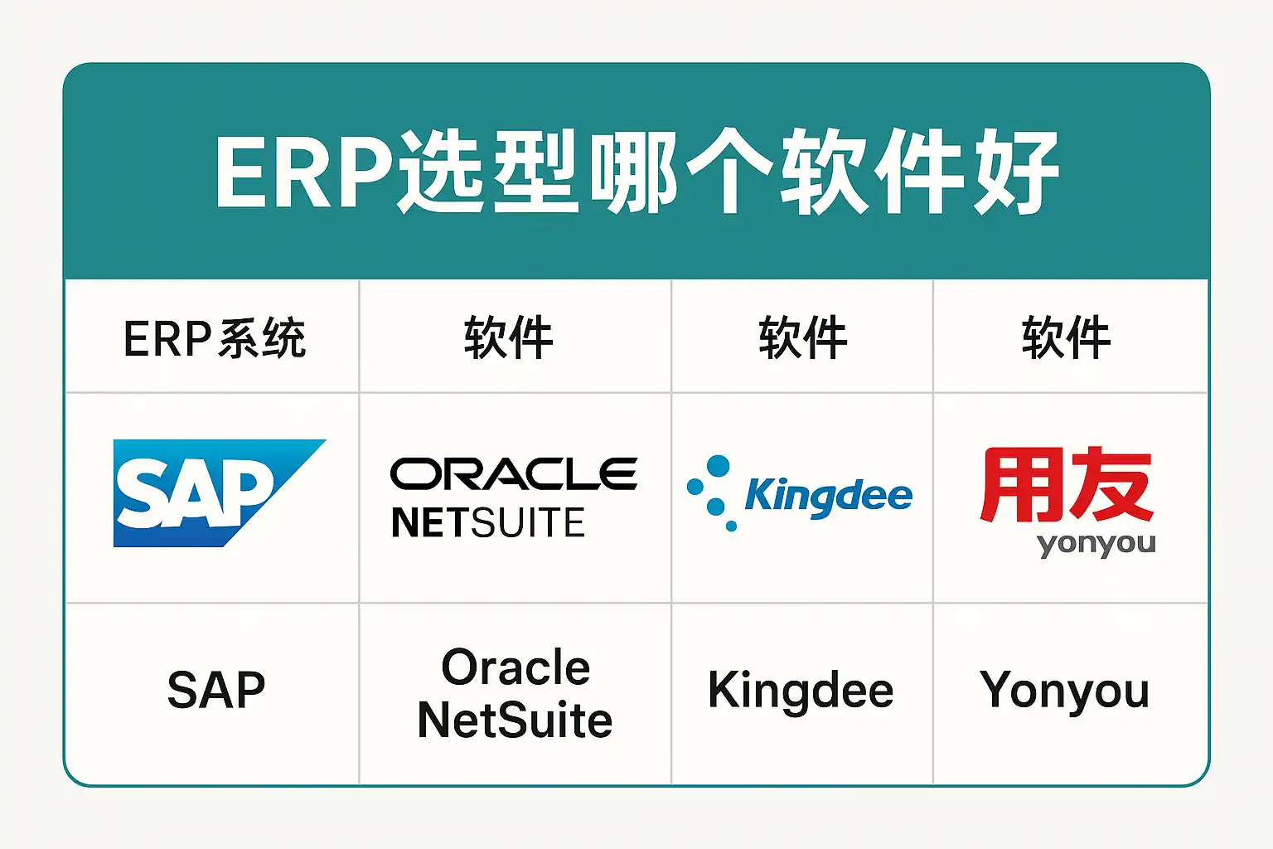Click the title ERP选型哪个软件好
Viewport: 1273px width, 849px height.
pos(636,171)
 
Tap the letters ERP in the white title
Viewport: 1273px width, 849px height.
pos(303,172)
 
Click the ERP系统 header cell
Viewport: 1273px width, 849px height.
pos(215,338)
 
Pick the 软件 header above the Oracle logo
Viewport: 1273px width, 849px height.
pos(508,337)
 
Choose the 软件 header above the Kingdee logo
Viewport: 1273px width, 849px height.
pos(802,337)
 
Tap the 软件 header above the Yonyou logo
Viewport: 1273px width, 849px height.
pos(1066,337)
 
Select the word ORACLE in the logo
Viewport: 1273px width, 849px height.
pos(514,474)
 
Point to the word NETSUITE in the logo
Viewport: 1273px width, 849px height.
pos(488,523)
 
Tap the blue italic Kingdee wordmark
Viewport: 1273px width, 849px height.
pos(828,496)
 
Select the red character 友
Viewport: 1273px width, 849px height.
pos(1111,485)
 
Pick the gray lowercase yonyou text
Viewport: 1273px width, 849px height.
pos(1096,545)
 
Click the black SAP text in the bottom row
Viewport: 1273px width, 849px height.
pos(215,690)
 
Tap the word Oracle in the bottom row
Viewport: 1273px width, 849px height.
pos(515,667)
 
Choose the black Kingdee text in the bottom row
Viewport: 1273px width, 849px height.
pos(801,691)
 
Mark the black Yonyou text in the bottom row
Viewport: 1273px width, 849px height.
pos(1065,691)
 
